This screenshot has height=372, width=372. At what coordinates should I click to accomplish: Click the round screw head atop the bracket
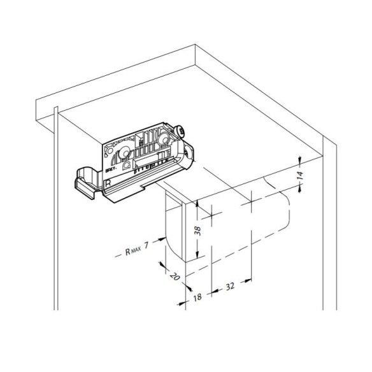pos(183,132)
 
